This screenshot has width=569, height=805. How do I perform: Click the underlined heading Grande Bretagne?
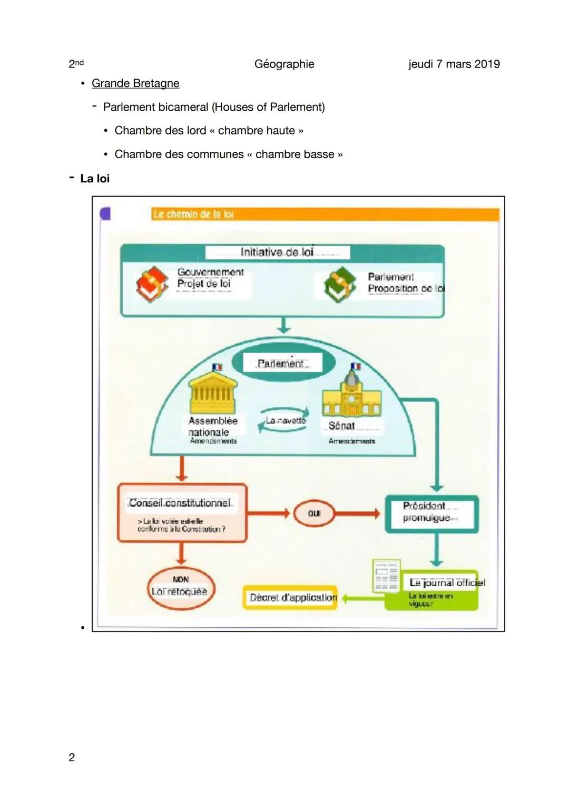[x=135, y=83]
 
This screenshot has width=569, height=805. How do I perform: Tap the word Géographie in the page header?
[x=284, y=64]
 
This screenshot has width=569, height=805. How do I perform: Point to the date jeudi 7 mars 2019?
[x=454, y=64]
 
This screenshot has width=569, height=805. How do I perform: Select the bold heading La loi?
[x=95, y=178]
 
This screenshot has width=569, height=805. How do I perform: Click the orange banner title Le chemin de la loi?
[x=193, y=214]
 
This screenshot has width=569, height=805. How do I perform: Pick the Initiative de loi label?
[x=277, y=252]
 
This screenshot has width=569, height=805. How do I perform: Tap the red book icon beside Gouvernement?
[x=152, y=284]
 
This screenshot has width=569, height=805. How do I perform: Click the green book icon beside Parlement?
[x=340, y=284]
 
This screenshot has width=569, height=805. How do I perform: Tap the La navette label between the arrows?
[x=285, y=421]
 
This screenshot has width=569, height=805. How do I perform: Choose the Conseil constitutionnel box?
[x=182, y=512]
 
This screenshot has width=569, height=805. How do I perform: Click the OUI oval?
[x=314, y=513]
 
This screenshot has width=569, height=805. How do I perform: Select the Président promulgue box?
[x=431, y=513]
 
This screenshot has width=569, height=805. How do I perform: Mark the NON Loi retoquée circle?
[x=180, y=587]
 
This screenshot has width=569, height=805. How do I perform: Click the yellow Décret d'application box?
[x=291, y=598]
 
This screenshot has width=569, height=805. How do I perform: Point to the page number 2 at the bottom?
[x=72, y=758]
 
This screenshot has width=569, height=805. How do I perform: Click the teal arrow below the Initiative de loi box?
[x=284, y=325]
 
